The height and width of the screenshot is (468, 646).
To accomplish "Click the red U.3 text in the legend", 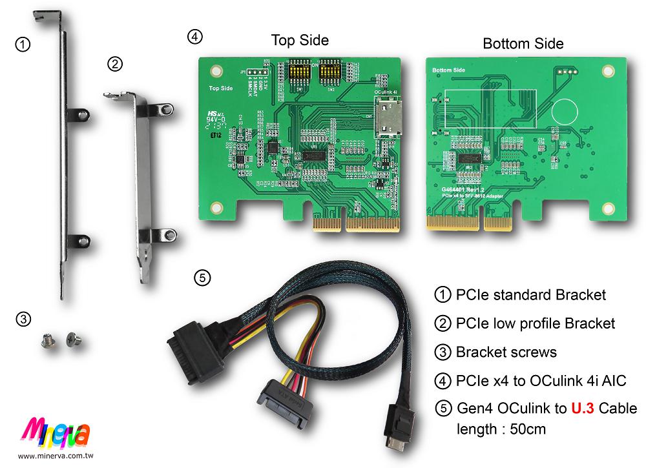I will click(583, 409).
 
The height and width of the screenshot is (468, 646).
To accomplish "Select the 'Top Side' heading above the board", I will click(300, 40).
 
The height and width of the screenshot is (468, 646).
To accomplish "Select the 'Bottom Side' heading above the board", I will click(523, 43).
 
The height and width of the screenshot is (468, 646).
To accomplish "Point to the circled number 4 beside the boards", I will click(194, 37).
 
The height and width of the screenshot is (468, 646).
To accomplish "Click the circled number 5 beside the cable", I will click(202, 278).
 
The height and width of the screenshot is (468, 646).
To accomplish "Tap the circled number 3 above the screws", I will click(23, 318).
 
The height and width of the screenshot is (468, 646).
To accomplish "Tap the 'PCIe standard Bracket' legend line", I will click(530, 295).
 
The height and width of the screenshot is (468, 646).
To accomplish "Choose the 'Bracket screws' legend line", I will click(506, 352).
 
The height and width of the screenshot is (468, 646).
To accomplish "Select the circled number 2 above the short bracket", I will click(114, 63).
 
